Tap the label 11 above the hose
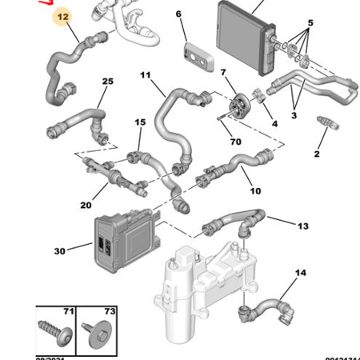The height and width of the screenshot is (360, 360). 145,76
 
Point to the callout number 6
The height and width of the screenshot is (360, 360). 178,14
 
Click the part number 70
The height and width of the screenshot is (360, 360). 235,142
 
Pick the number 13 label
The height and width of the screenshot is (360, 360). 303,226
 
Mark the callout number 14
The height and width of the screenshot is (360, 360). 300,274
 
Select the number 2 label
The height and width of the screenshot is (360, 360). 316,154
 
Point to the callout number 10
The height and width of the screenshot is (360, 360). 255,190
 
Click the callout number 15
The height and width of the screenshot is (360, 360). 140,122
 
